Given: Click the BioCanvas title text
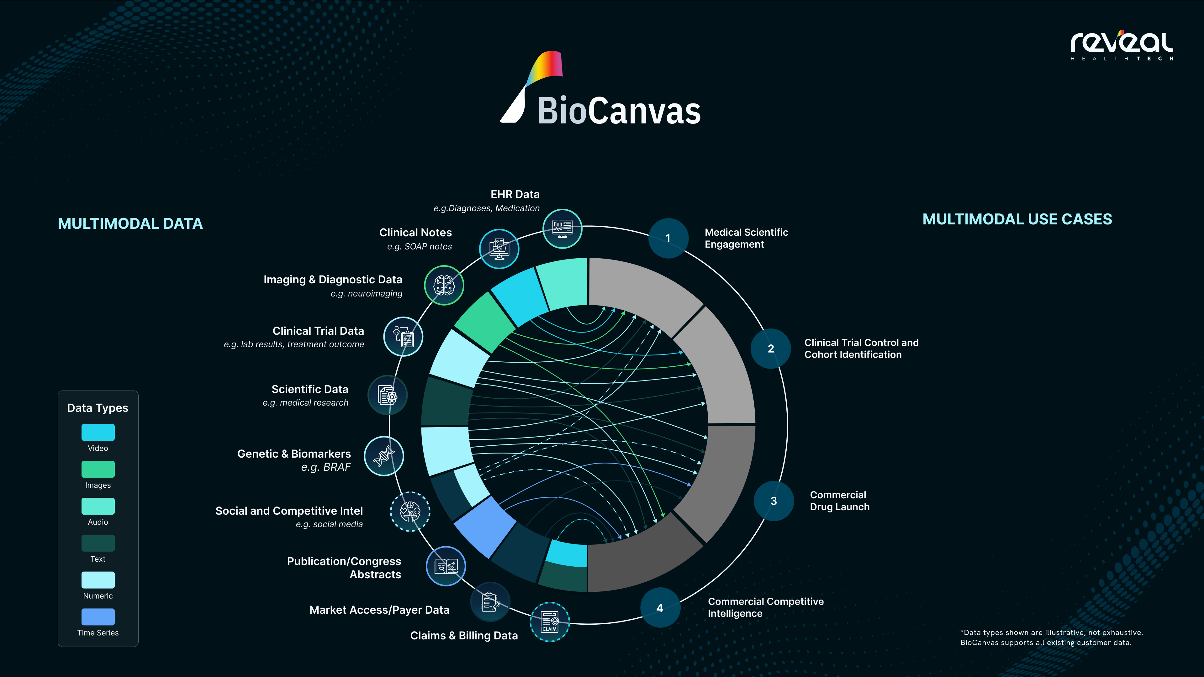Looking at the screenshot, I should click(618, 111).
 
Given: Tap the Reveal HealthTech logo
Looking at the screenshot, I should click(1122, 45).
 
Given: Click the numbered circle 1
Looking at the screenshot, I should click(668, 238).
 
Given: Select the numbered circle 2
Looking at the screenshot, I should click(771, 349).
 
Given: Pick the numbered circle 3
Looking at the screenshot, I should click(774, 501).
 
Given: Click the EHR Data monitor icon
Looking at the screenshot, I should click(562, 228).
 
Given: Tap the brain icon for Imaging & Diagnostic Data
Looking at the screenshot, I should click(444, 285).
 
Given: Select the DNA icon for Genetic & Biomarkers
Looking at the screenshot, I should click(384, 456).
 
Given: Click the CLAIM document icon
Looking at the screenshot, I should click(550, 622).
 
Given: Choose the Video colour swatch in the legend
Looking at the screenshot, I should click(98, 432).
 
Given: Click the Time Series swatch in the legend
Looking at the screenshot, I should click(98, 617).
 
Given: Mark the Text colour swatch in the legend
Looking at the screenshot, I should click(98, 543).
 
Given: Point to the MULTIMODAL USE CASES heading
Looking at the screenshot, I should click(1017, 219).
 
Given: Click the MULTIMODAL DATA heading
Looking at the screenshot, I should click(130, 223).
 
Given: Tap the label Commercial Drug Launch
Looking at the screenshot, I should click(839, 501).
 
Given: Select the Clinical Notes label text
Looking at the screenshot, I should click(415, 233).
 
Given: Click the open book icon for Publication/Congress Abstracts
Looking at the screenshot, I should click(446, 566).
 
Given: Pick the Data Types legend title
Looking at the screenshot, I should click(98, 408).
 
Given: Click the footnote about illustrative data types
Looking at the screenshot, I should click(1051, 637).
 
